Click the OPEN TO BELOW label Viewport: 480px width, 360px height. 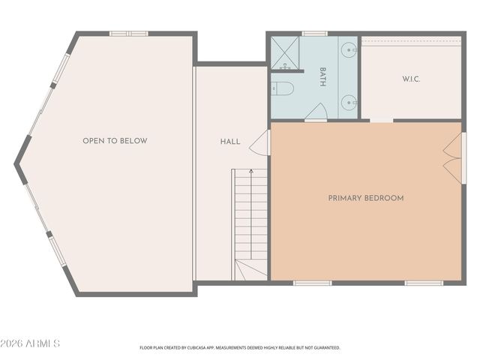[x=115, y=141]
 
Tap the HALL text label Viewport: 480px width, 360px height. [x=230, y=141]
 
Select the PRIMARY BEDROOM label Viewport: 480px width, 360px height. [x=366, y=198]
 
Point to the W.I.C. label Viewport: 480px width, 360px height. [x=411, y=79]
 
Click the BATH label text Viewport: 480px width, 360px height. [x=322, y=77]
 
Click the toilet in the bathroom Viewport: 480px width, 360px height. [x=282, y=89]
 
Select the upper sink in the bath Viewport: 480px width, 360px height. [x=350, y=51]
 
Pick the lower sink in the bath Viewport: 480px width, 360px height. [x=350, y=101]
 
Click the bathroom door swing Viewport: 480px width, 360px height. [x=316, y=112]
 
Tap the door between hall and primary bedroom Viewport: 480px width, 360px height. [x=259, y=142]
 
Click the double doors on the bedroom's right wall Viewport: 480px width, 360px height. [x=452, y=157]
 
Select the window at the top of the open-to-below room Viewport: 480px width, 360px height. [x=129, y=33]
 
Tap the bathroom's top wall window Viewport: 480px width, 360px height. [x=315, y=33]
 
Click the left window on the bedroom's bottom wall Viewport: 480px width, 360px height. [x=312, y=283]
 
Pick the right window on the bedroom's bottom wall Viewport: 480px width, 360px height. [x=424, y=283]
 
